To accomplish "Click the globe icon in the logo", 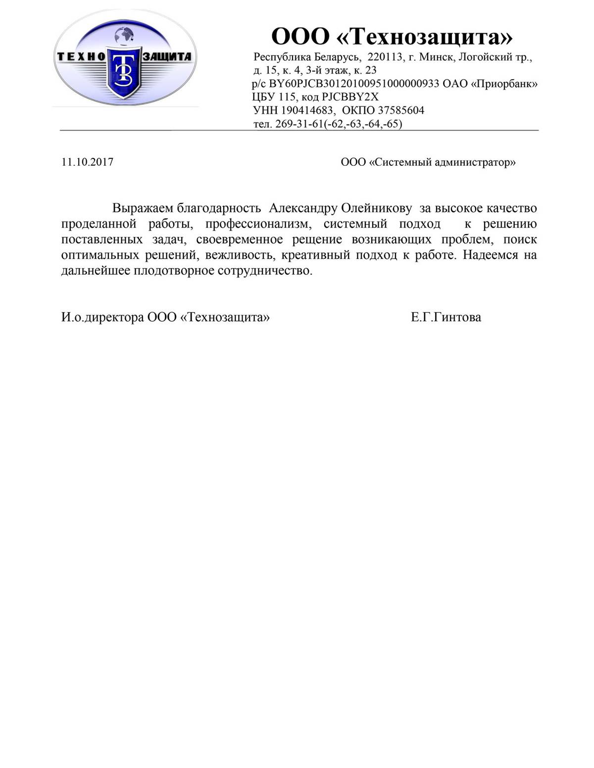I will tap(124, 35).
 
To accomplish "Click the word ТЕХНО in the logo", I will tap(81, 56).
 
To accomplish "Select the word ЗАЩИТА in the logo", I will tap(167, 56).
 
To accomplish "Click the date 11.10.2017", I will tap(87, 162).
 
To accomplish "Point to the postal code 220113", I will tap(385, 57).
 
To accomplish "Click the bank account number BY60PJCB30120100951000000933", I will tap(354, 84).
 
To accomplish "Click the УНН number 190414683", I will tap(307, 110).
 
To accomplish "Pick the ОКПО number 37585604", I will tap(401, 110).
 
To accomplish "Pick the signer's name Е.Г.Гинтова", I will tap(445, 317).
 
